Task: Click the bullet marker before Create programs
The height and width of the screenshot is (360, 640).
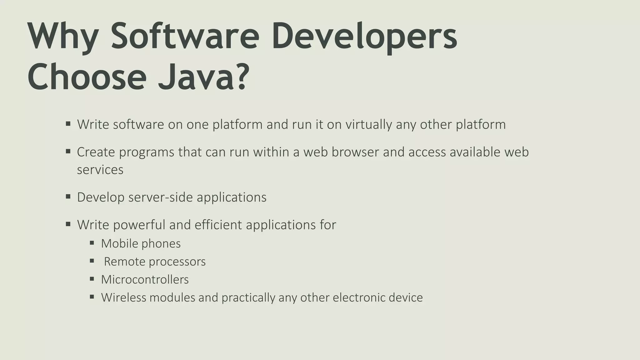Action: (x=68, y=152)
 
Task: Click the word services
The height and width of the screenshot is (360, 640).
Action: (x=100, y=170)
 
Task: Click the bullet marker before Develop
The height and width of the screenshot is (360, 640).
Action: (x=68, y=197)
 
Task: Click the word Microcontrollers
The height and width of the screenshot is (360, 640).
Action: (x=145, y=279)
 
